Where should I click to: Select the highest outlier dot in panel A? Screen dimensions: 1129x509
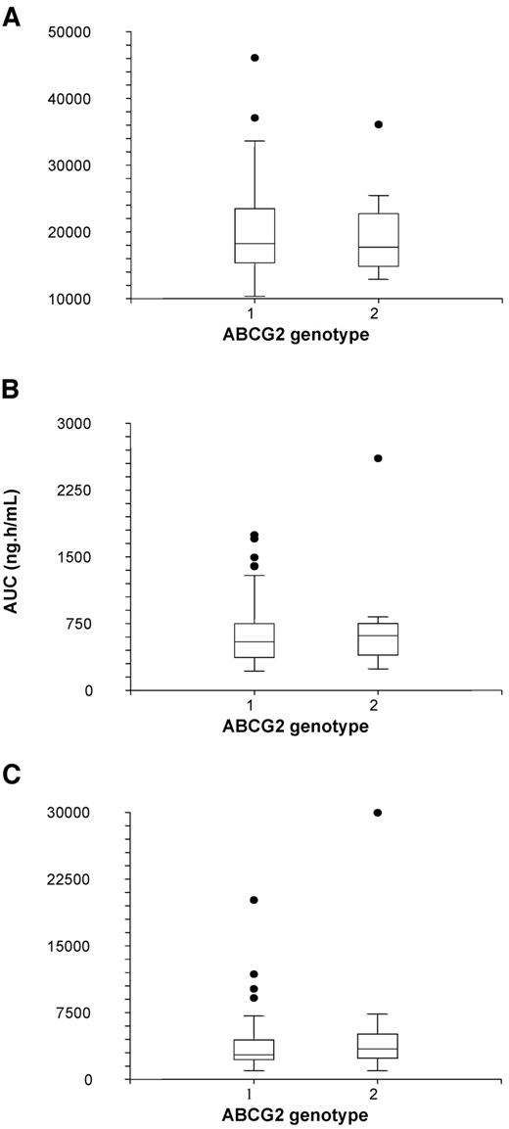[254, 58]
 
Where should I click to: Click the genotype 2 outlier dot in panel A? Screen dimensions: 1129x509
[350, 124]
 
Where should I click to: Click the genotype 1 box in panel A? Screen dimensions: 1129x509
[254, 235]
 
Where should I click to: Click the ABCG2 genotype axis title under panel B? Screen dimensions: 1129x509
[301, 727]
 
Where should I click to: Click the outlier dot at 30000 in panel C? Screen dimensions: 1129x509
[350, 813]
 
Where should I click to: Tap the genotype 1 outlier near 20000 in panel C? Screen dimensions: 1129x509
[254, 900]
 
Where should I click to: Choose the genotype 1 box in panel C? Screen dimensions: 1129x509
[254, 1049]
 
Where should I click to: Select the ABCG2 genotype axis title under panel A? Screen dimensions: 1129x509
[301, 335]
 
